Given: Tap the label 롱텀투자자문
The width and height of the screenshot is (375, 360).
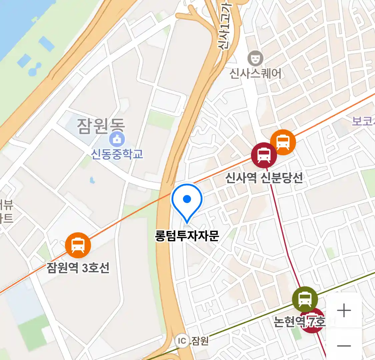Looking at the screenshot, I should pyautogui.click(x=187, y=236).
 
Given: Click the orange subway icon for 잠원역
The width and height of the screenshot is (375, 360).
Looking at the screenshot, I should pyautogui.click(x=78, y=245).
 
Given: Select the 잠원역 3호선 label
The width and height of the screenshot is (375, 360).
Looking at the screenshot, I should pyautogui.click(x=78, y=268).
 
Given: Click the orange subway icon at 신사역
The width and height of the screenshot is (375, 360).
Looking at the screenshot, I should pyautogui.click(x=283, y=142).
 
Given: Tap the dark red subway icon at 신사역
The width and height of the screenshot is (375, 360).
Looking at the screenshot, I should pyautogui.click(x=264, y=155).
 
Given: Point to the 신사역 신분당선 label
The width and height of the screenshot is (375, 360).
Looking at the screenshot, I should pyautogui.click(x=264, y=178).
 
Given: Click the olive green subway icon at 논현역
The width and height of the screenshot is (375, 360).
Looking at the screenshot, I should pyautogui.click(x=305, y=299).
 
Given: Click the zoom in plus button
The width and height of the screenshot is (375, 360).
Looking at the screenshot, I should pyautogui.click(x=344, y=311).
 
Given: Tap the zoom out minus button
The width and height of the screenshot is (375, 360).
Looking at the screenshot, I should pyautogui.click(x=344, y=346).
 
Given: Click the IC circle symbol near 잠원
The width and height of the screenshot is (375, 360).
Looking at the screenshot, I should pyautogui.click(x=182, y=341).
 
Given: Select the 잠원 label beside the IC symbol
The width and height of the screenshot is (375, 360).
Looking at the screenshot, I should pyautogui.click(x=200, y=341).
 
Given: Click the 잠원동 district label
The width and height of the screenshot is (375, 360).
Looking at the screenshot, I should pyautogui.click(x=101, y=125).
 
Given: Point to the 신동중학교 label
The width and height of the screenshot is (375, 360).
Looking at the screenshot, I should pyautogui.click(x=117, y=154).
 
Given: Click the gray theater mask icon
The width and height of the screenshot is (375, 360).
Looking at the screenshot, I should pyautogui.click(x=256, y=59).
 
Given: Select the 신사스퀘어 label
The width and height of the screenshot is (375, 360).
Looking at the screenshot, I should pyautogui.click(x=256, y=73).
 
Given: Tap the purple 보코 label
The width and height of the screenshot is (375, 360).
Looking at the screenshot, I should pyautogui.click(x=363, y=121).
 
